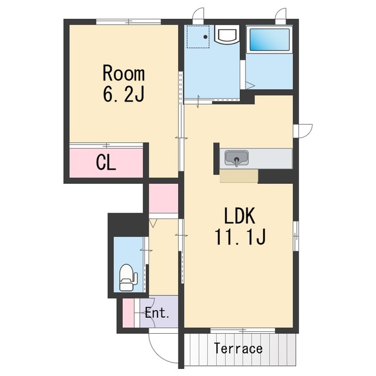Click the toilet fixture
point(128,278)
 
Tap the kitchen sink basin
point(236,158)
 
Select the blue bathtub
point(270,39)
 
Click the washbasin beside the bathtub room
point(227,34)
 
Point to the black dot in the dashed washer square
point(206,37)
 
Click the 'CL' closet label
point(106,163)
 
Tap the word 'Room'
point(124,73)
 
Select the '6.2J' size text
point(124,93)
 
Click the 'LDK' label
point(239,216)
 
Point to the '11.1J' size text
point(240,237)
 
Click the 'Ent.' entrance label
point(157,313)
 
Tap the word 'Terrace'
point(239,348)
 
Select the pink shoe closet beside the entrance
point(128,313)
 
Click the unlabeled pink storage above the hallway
point(163,198)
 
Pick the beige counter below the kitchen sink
point(239,176)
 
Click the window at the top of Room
point(129,22)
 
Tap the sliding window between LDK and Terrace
point(243,330)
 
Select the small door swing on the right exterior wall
point(303,131)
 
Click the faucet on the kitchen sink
point(237,162)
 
